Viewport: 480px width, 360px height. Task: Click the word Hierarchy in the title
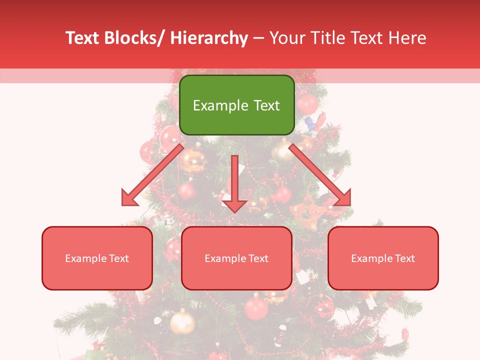click(x=209, y=38)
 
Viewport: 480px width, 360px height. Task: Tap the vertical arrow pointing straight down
click(x=234, y=183)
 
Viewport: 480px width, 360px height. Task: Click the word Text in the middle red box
click(x=258, y=258)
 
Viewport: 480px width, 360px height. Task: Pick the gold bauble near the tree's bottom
click(x=182, y=322)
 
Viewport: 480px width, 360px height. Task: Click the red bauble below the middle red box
click(x=256, y=306)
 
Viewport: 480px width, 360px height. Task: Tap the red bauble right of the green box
click(x=307, y=104)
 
